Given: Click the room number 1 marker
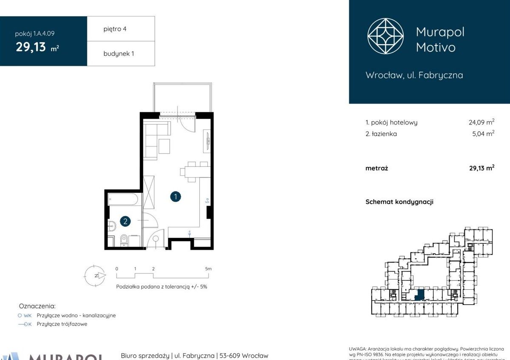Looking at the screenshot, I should pyautogui.click(x=175, y=197).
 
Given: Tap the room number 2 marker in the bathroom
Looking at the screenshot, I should pyautogui.click(x=125, y=221).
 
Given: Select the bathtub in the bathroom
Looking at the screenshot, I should pyautogui.click(x=123, y=199).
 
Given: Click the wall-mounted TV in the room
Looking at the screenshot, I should pyautogui.click(x=208, y=140).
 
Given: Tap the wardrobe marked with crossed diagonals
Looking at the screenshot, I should pyautogui.click(x=149, y=192).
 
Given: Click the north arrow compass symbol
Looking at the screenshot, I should pyautogui.click(x=94, y=275).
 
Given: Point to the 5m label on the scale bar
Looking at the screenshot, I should pyautogui.click(x=208, y=269).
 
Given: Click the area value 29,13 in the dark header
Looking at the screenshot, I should pyautogui.click(x=31, y=47).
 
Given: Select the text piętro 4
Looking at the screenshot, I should pyautogui.click(x=115, y=29).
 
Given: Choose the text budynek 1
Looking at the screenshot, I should pyautogui.click(x=119, y=54).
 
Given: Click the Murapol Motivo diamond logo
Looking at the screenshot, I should pyautogui.click(x=386, y=36).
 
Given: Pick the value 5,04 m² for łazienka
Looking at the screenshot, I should pyautogui.click(x=483, y=134).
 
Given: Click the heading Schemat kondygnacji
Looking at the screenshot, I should pyautogui.click(x=399, y=202).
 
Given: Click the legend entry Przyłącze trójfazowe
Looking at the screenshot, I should pyautogui.click(x=62, y=324).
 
